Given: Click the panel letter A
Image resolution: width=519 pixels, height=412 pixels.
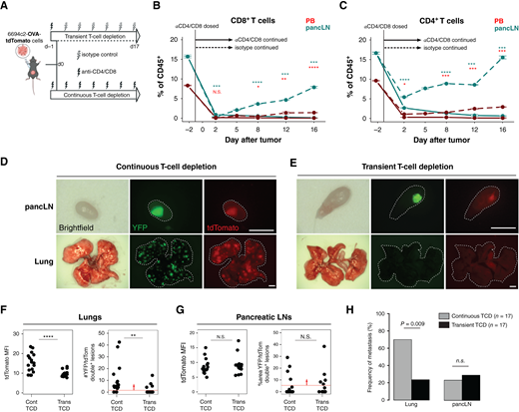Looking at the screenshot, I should (5, 6).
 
